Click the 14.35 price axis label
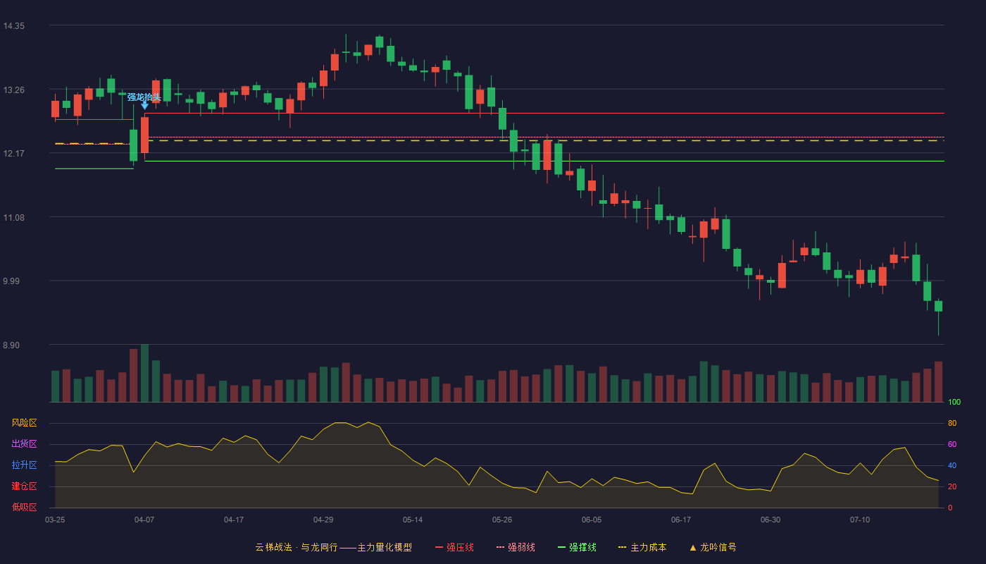point(13,26)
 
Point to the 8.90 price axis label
point(11,345)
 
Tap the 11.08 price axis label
point(13,218)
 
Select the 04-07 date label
point(144,520)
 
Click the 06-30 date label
point(770,520)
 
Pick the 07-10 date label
point(860,520)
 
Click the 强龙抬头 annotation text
point(144,97)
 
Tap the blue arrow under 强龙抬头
point(144,105)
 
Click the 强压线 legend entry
point(455,547)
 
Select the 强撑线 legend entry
point(577,547)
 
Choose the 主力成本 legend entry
point(642,547)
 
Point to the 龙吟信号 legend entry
point(713,547)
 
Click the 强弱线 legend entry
point(516,547)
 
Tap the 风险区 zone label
point(24,423)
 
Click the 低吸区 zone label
point(24,508)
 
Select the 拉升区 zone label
point(24,465)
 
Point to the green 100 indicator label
point(954,402)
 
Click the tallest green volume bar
point(144,373)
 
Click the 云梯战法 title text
point(274,547)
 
